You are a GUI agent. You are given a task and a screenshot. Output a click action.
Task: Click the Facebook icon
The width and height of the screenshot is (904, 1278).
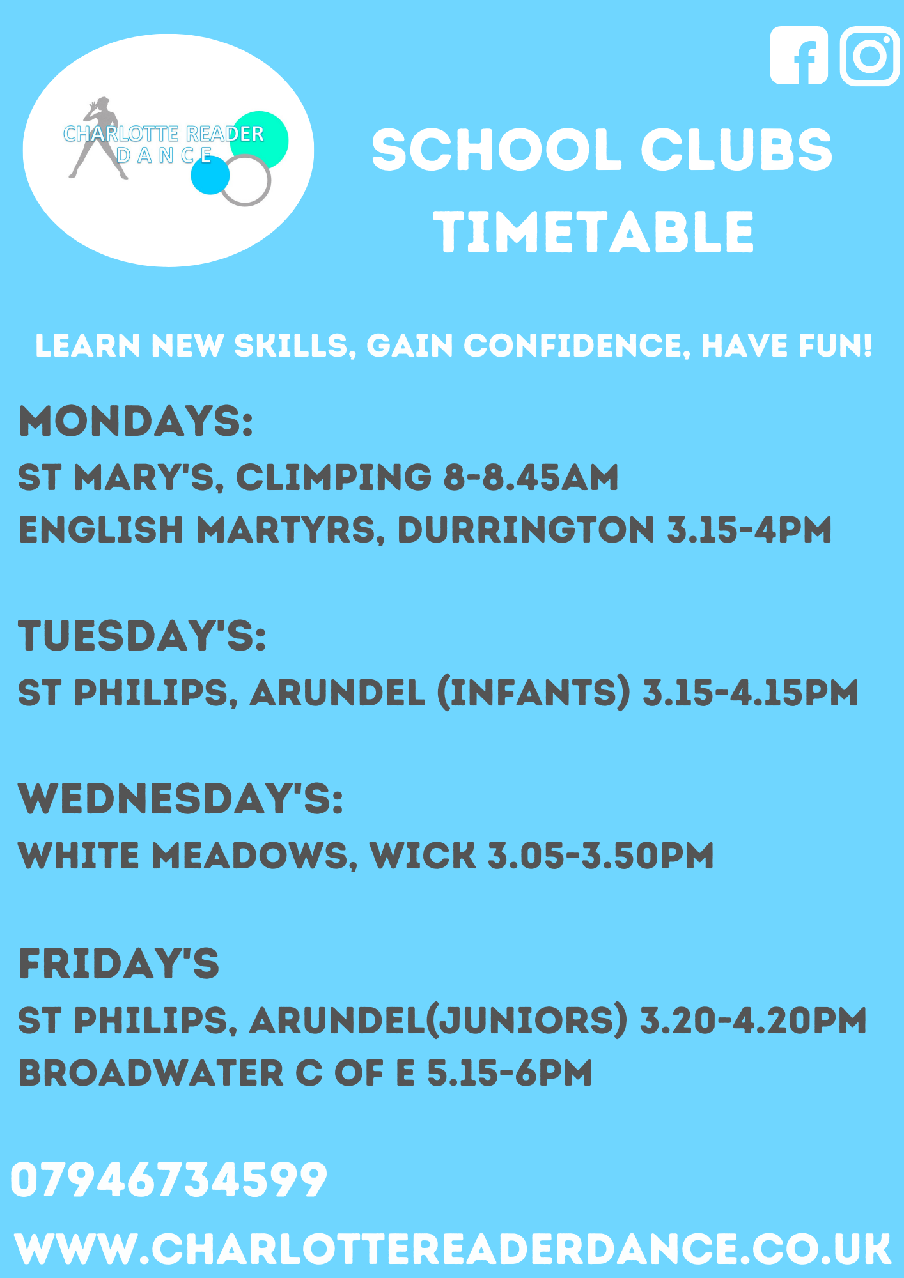(x=799, y=56)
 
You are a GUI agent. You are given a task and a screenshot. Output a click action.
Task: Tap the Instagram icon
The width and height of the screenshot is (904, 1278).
(x=869, y=56)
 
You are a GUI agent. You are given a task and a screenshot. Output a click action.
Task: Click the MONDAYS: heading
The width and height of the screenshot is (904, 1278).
(x=136, y=421)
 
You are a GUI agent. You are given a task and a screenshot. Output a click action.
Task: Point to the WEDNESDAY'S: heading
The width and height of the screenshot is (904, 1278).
(x=181, y=799)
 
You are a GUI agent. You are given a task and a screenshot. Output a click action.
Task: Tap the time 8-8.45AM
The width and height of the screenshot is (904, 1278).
(x=531, y=477)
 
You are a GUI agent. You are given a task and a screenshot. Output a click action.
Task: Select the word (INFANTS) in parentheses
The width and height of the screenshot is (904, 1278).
(x=534, y=693)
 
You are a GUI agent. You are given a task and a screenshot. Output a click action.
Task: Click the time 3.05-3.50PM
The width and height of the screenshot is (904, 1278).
(x=601, y=856)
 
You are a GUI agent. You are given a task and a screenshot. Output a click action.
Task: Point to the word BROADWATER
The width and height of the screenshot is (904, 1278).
(x=151, y=1073)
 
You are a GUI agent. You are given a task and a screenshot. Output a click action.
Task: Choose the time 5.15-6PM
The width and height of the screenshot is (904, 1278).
(x=510, y=1073)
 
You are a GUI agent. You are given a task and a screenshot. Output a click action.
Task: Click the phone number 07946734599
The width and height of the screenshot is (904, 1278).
(x=169, y=1180)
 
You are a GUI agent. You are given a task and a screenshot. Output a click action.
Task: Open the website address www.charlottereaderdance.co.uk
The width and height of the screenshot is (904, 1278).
(x=453, y=1249)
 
